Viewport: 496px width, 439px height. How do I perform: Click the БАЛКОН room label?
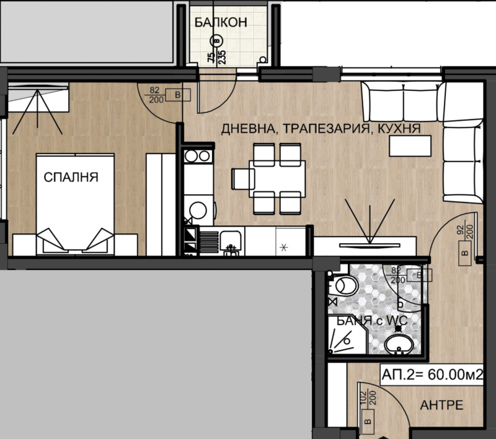point(221,22)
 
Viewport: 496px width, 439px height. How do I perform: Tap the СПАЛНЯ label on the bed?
point(71,177)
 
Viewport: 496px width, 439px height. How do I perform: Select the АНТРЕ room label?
point(441,405)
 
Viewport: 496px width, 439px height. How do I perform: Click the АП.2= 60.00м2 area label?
point(432,375)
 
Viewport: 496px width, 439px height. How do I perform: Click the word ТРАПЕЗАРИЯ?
point(325,129)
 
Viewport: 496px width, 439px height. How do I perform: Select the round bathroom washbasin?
point(399,344)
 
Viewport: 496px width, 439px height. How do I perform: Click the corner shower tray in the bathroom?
point(347,336)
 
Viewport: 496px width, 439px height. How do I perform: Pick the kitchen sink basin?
point(231,239)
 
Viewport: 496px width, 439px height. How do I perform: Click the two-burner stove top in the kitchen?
point(198,155)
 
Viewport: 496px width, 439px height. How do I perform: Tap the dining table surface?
point(277,179)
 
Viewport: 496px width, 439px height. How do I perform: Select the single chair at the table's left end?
point(243,179)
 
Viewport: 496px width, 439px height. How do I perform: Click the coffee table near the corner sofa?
point(410,146)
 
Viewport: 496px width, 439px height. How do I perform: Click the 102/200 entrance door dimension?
point(367,399)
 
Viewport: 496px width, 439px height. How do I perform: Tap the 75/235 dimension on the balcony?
point(216,57)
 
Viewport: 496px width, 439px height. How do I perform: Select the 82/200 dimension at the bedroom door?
point(155,95)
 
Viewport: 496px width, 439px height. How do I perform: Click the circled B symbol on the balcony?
point(216,41)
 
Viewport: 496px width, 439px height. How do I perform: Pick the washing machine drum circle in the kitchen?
point(198,210)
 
